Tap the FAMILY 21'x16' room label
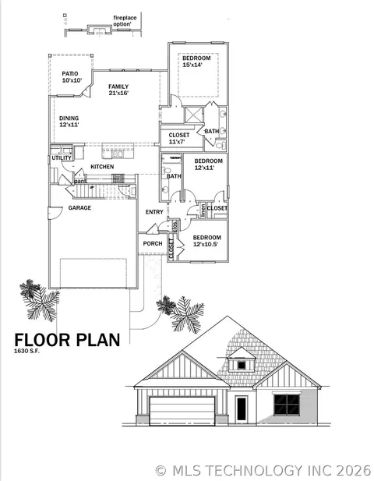tap(118, 90)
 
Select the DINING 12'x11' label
tap(69, 122)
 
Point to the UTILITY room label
tap(62, 158)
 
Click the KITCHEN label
tap(102, 167)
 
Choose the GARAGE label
tap(79, 208)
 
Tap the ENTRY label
tap(154, 212)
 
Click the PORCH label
tap(153, 243)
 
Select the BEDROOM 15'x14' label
tap(196, 62)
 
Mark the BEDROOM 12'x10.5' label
tap(207, 241)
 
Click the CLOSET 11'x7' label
tap(178, 139)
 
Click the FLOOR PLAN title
tap(67, 339)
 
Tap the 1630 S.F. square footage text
tap(26, 352)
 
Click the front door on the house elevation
tap(241, 408)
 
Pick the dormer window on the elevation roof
tap(242, 363)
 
